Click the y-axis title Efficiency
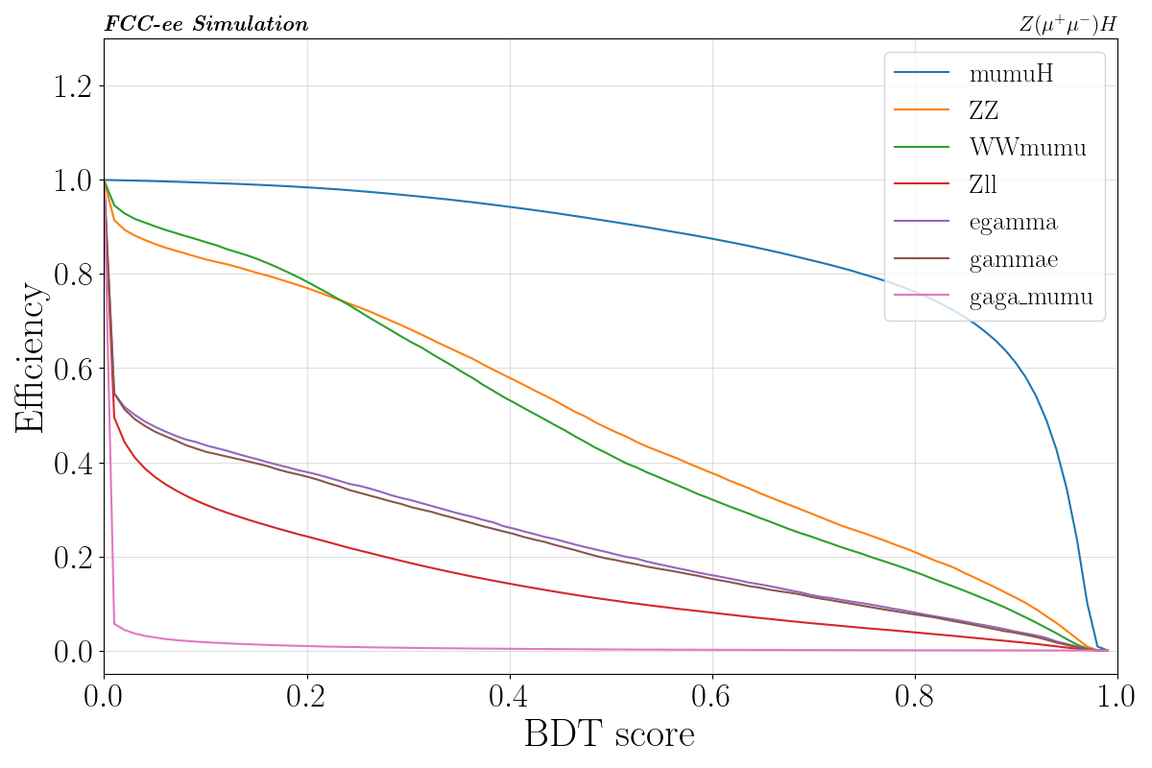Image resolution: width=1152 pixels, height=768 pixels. [x=30, y=357]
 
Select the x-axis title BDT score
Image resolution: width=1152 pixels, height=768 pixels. [x=609, y=735]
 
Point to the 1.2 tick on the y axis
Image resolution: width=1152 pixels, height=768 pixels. [x=66, y=86]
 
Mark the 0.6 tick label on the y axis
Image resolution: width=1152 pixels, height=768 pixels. [x=66, y=369]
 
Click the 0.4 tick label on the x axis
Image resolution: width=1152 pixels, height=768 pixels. [x=509, y=698]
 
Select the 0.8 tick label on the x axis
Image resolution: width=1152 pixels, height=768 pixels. [x=915, y=698]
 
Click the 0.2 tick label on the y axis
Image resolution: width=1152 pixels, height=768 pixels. [x=66, y=557]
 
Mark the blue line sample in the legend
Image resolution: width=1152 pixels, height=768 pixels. [x=922, y=73]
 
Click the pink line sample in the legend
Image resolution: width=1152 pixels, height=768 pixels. [x=922, y=298]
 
